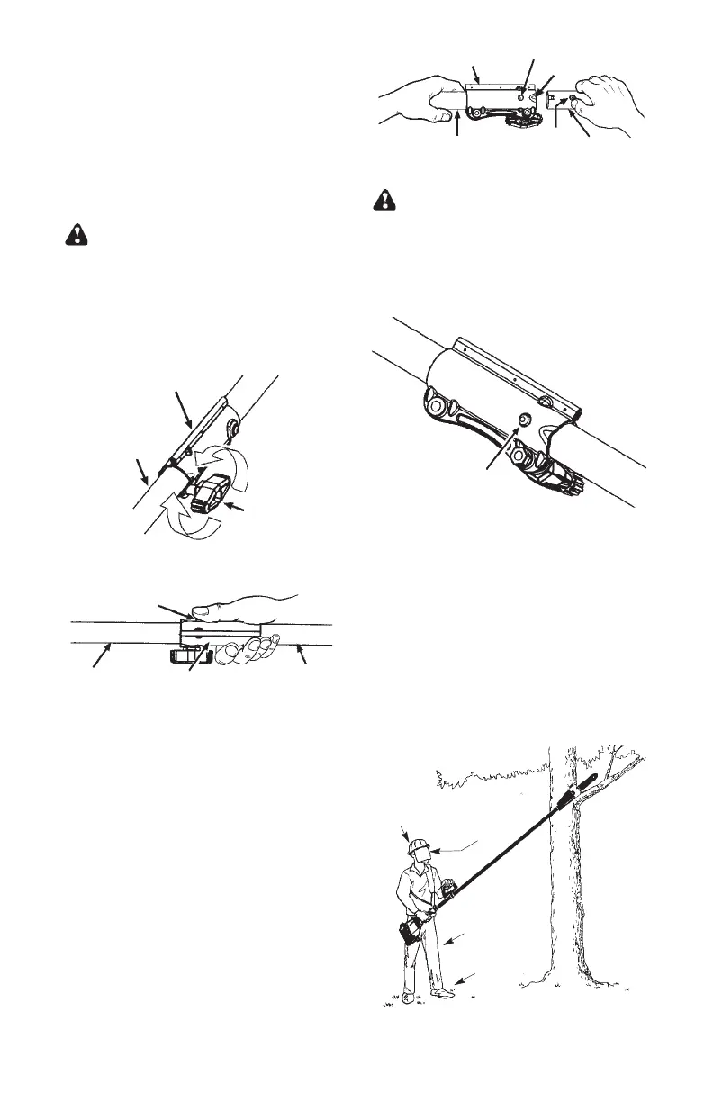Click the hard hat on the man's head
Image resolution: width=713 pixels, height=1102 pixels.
[418, 846]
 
